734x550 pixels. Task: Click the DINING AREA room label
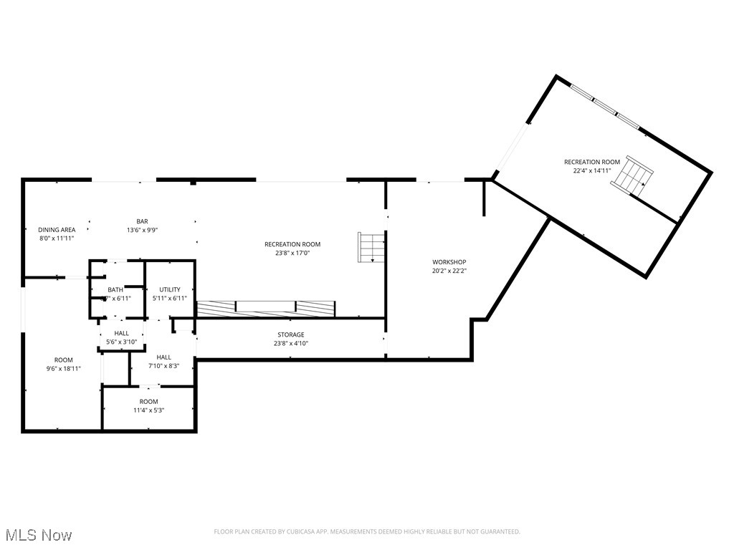point(57,229)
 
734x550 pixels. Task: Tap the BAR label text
point(142,221)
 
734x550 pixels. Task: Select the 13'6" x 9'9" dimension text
point(142,230)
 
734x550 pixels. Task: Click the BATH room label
point(115,289)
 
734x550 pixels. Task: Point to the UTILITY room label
point(170,289)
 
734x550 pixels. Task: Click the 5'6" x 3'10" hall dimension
point(121,342)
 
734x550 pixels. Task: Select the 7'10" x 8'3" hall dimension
point(163,366)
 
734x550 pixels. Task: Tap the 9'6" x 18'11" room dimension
point(63,369)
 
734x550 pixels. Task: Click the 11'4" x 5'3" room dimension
point(148,410)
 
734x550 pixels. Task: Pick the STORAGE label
point(291,334)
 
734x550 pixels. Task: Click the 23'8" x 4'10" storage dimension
point(291,343)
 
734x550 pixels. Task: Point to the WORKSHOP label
point(449,262)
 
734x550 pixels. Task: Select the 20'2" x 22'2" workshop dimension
point(449,271)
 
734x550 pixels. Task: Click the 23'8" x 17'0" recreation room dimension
point(292,253)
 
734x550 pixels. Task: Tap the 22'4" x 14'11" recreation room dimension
point(591,170)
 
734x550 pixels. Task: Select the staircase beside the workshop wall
point(372,247)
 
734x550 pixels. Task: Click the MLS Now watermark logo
point(39,535)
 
